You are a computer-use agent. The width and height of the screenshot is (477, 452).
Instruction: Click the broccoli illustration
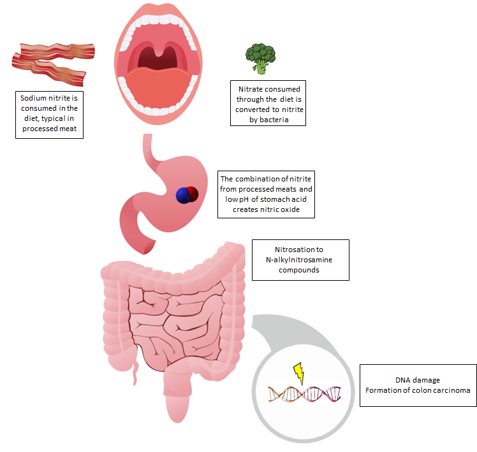(260, 59)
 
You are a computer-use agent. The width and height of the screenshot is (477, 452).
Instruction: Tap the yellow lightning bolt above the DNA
(299, 373)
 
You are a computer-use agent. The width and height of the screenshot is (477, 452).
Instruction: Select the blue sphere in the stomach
(184, 195)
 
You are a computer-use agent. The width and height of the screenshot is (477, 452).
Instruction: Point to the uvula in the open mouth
(159, 51)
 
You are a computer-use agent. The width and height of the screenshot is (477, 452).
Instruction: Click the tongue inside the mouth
(158, 87)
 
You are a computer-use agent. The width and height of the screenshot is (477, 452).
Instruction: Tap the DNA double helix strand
(304, 393)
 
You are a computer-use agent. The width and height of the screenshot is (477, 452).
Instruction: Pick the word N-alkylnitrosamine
(298, 260)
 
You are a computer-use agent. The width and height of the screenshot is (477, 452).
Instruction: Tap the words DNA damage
(417, 380)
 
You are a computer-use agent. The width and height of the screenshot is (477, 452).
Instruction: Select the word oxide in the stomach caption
(291, 209)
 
